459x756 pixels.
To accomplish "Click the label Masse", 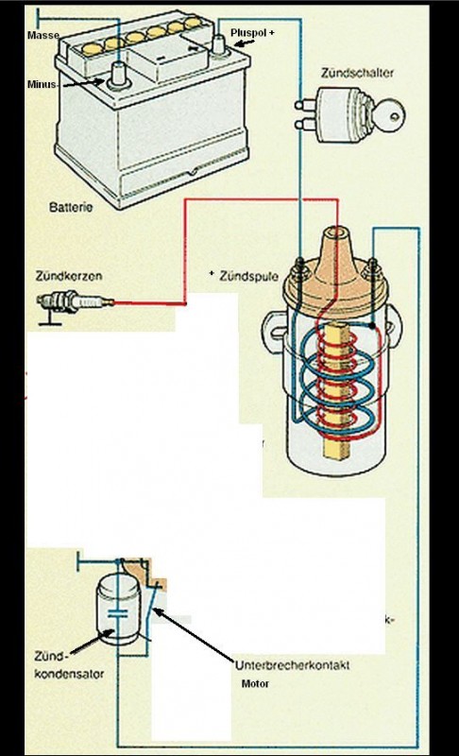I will point(43,35).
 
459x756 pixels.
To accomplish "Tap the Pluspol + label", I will point(252,31).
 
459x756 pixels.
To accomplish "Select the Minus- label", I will point(43,83).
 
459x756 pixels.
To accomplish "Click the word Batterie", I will point(71,205).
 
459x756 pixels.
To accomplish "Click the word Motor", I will point(255,682).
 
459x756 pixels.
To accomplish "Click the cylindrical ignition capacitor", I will point(117,611).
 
